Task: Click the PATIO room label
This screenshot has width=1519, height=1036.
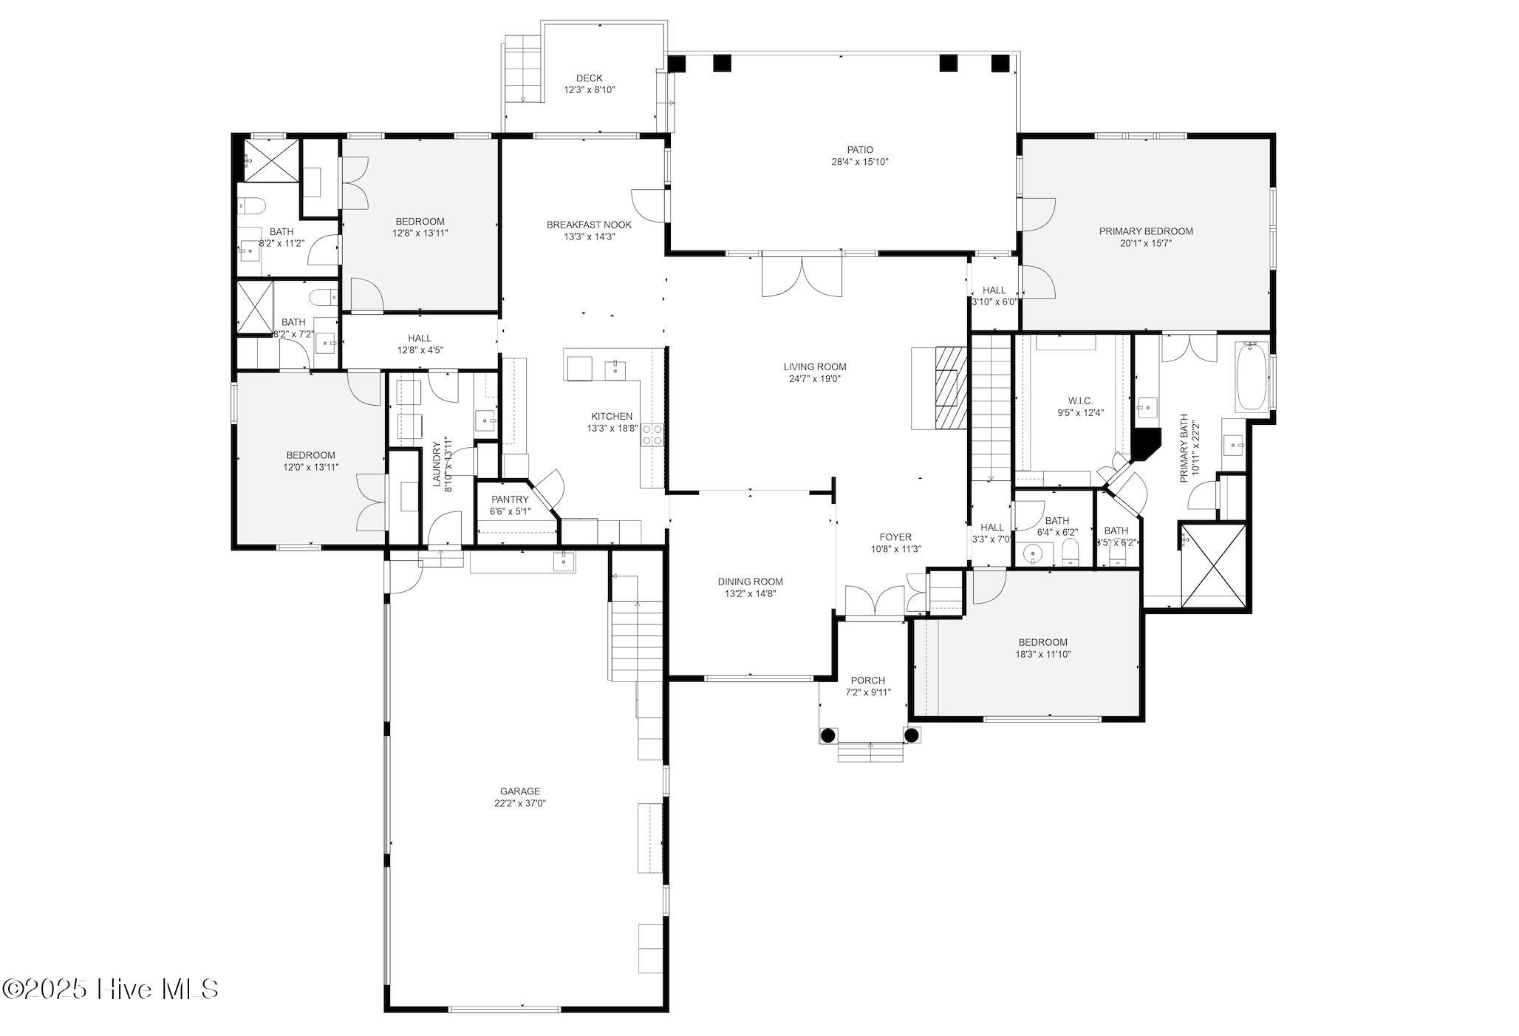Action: point(859,150)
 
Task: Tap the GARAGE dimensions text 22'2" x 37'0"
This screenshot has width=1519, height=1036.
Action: point(520,803)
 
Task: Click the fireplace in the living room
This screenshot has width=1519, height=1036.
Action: point(949,388)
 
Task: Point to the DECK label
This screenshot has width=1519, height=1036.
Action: point(589,78)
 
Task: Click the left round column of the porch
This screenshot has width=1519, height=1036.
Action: point(827,735)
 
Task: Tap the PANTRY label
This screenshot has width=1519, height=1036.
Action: point(510,500)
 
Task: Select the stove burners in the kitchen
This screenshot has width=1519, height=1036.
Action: point(652,434)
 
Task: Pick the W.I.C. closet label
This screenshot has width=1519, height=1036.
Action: point(1079,401)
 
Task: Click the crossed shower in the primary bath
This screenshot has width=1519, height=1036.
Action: point(1213,565)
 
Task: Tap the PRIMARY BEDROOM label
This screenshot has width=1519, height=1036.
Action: point(1145,231)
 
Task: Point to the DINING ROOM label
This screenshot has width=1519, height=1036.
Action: point(750,582)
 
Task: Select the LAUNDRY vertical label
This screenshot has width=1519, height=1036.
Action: point(437,466)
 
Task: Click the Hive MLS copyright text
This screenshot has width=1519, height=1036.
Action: point(111,989)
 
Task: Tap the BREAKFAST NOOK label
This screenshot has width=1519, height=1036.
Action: point(589,225)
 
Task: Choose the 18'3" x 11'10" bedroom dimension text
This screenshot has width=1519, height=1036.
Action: point(1042,654)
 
